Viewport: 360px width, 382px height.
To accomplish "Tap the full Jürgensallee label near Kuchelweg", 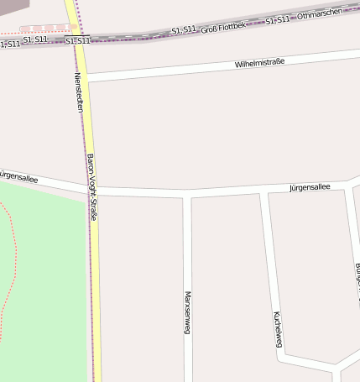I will tap(310, 187).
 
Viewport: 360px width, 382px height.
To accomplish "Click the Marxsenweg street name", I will tap(187, 312).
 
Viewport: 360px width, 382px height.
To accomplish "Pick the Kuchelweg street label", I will tap(277, 329).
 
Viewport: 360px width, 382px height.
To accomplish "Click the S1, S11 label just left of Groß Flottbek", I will tap(183, 30).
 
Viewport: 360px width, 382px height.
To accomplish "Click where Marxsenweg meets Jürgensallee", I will tap(187, 195).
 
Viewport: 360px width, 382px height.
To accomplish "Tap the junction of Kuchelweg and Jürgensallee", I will tap(263, 193).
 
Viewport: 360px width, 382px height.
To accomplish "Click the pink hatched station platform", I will tap(46, 29).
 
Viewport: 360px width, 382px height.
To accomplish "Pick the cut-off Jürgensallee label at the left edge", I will tap(16, 175).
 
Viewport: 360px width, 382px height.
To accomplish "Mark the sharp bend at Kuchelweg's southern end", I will tap(282, 358).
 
